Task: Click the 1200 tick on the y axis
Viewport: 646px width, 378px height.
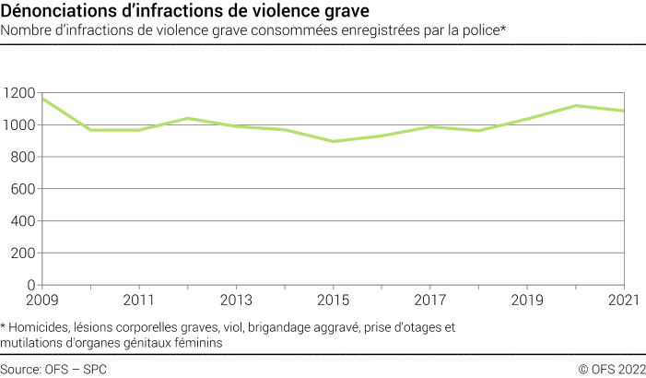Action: coord(19,93)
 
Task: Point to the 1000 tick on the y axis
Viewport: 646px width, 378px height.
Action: coord(19,125)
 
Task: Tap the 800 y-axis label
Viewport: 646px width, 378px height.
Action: coord(23,158)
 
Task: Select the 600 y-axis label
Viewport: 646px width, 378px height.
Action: coord(23,189)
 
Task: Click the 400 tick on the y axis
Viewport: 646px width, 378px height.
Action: coord(23,221)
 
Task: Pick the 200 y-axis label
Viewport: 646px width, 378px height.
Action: coord(23,254)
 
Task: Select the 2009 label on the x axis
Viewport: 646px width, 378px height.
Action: coord(41,301)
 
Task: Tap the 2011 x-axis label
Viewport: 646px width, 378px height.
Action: coord(138,301)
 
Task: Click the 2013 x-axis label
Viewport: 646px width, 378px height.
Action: coord(236,301)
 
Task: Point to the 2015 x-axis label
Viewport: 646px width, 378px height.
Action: coord(333,301)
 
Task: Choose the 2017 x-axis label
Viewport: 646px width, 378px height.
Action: coord(429,301)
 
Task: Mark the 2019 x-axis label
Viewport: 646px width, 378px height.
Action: coord(526,301)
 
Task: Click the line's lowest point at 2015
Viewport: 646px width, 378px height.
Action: coord(333,141)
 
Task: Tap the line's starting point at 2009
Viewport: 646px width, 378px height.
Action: coord(42,99)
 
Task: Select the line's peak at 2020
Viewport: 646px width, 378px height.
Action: coord(575,105)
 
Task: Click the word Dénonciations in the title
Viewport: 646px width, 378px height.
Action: coord(55,12)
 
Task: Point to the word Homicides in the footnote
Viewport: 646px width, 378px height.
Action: coord(41,327)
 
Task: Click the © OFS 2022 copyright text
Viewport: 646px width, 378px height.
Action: coord(611,368)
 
